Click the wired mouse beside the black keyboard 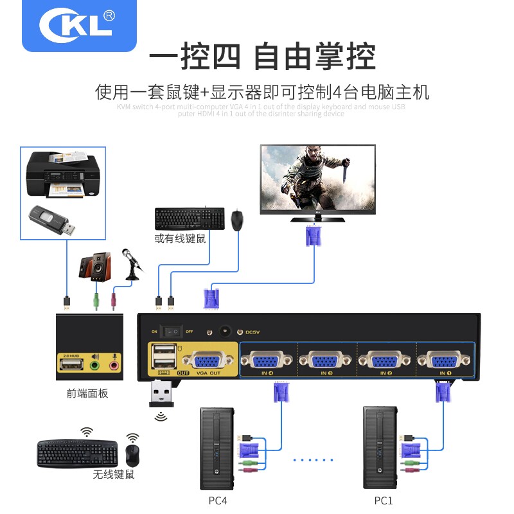pyautogui.click(x=238, y=220)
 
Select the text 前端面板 pyautogui.click(x=87, y=393)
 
